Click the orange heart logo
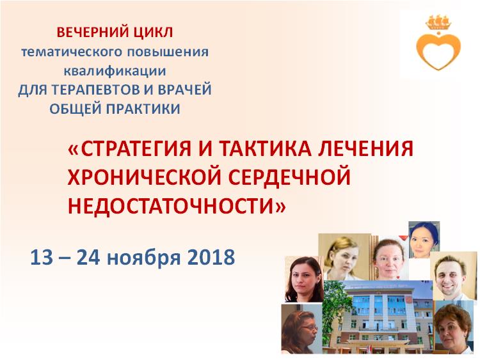[x=438, y=45]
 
